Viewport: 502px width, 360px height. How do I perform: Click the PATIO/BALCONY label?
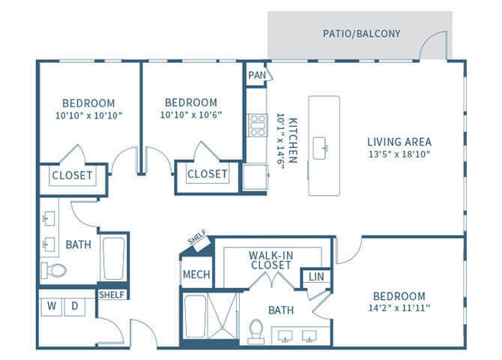coord(361,34)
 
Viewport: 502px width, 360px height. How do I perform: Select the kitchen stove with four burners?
coord(257,125)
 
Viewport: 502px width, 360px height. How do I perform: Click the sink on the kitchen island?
coord(324,144)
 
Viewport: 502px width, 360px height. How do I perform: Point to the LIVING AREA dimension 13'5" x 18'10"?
coord(399,154)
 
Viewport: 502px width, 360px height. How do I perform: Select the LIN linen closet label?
coord(316,277)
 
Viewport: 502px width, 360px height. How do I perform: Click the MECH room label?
coord(196,274)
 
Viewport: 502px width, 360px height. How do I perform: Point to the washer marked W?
coord(52,306)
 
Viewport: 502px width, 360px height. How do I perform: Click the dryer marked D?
coord(75,306)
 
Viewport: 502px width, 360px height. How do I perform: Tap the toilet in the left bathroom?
coord(54,270)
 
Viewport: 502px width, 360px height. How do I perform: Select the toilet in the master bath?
coord(256,330)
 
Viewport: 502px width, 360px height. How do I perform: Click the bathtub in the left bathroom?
coord(114,259)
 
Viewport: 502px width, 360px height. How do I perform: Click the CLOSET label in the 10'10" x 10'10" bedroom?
coord(72,175)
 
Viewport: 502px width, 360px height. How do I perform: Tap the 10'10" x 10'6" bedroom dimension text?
coord(191,115)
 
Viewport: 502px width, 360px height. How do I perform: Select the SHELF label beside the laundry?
coord(112,294)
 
